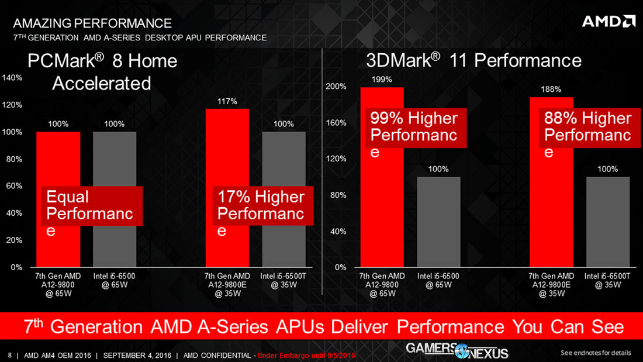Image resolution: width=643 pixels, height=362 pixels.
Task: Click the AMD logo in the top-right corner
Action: [608, 22]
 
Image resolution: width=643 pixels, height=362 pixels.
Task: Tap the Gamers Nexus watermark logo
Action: [457, 351]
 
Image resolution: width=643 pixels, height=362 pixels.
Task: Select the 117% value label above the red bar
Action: [227, 101]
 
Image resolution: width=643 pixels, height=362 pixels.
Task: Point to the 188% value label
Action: [551, 89]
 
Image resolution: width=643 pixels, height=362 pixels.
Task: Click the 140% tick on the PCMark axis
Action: [12, 78]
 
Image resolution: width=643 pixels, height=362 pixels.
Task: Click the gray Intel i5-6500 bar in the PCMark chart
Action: [115, 199]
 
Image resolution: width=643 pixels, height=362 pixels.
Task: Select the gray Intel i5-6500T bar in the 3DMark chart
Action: [608, 222]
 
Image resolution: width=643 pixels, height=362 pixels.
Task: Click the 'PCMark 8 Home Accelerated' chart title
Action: [102, 71]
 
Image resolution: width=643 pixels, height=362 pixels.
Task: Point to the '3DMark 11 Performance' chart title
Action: [473, 60]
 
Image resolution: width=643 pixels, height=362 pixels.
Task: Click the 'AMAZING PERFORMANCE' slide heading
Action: [92, 23]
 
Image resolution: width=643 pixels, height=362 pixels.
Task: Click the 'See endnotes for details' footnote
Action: [595, 353]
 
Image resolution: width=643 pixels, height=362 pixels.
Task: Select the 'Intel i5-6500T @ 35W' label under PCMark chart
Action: [284, 280]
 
